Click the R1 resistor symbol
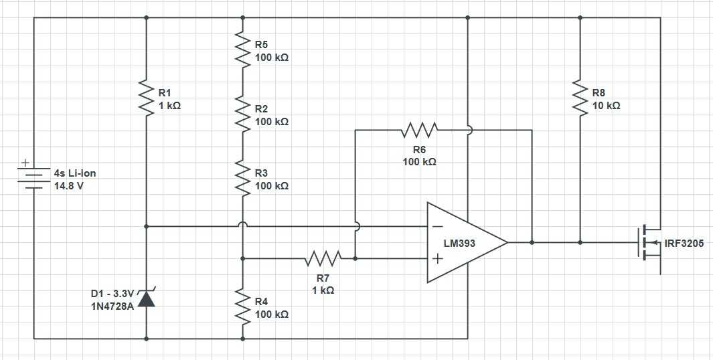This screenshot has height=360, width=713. (146, 98)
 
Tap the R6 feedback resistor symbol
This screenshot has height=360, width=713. (419, 130)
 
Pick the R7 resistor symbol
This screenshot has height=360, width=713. (323, 258)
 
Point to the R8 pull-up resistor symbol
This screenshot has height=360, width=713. (580, 98)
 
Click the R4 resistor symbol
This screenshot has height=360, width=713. (242, 306)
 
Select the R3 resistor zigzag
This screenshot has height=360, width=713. (242, 178)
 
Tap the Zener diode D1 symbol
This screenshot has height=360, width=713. (146, 298)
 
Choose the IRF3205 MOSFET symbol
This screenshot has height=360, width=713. (650, 243)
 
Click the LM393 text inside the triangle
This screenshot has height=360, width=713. (459, 244)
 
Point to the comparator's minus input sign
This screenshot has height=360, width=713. (437, 226)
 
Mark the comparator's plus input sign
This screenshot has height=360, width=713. (437, 259)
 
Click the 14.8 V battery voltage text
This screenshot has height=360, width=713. (69, 186)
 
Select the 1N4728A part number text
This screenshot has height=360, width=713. (112, 306)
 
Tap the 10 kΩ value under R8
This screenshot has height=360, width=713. (607, 106)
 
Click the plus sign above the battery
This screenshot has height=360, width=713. (25, 163)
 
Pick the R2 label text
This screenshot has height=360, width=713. (262, 109)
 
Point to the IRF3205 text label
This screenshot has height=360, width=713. (684, 244)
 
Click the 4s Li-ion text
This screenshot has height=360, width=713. (75, 173)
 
